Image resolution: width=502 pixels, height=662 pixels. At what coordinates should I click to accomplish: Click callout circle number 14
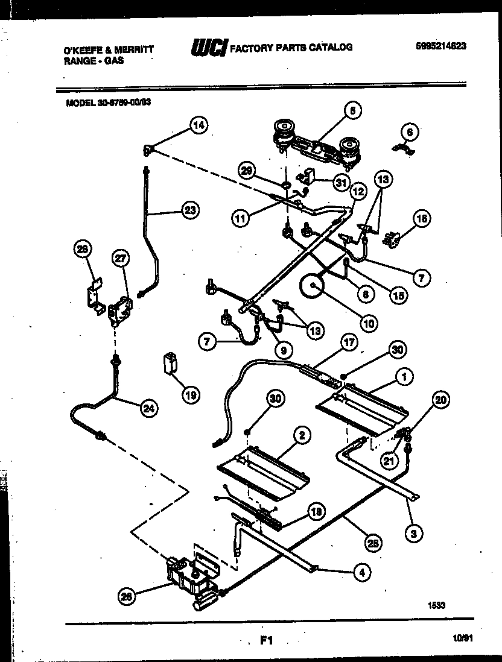pyautogui.click(x=198, y=125)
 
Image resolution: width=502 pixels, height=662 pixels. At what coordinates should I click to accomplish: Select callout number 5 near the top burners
pyautogui.click(x=353, y=110)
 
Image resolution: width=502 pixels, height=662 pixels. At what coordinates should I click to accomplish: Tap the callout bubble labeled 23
pyautogui.click(x=191, y=210)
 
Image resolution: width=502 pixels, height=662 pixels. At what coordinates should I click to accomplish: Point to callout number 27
pyautogui.click(x=121, y=257)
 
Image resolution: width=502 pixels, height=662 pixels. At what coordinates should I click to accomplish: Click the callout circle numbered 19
pyautogui.click(x=191, y=396)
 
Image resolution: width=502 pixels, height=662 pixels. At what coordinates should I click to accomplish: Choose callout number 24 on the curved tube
pyautogui.click(x=148, y=408)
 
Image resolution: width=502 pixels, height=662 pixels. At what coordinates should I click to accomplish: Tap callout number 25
pyautogui.click(x=374, y=542)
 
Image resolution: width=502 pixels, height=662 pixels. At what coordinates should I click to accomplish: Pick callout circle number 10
pyautogui.click(x=369, y=323)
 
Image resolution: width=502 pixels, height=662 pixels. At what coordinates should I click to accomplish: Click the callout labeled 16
pyautogui.click(x=422, y=219)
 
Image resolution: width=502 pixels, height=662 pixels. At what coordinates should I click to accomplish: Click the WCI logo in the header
pyautogui.click(x=208, y=48)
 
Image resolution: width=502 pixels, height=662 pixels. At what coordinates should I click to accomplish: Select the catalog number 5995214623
pyautogui.click(x=440, y=46)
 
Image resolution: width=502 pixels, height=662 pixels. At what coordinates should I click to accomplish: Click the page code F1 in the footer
pyautogui.click(x=266, y=642)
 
